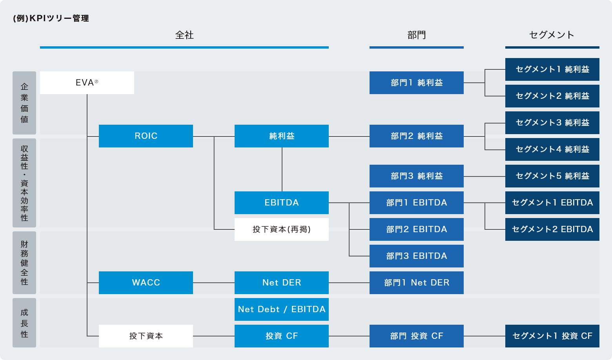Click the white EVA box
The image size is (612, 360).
point(87,83)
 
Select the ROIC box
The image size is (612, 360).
point(146,136)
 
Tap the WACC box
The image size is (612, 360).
point(146,283)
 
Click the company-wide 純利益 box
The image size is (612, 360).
point(281,136)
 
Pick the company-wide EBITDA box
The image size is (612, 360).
point(281,203)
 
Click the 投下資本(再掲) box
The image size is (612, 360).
point(281,229)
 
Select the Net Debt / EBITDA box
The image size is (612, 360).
point(281,309)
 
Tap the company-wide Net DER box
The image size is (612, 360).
point(281,283)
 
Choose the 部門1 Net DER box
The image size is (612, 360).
point(416,283)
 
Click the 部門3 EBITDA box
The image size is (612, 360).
point(416,256)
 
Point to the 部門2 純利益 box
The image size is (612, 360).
point(416,136)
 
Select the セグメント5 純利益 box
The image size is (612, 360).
point(552,176)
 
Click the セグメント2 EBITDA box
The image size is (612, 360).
point(552,229)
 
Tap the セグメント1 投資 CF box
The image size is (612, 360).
point(552,336)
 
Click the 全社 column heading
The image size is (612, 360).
point(184,35)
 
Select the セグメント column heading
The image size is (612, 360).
point(552,35)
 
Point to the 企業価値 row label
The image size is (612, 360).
point(24,103)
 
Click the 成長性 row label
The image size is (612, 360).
point(24,323)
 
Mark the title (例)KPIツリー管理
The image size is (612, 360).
point(51,18)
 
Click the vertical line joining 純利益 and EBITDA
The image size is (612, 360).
point(282,169)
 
